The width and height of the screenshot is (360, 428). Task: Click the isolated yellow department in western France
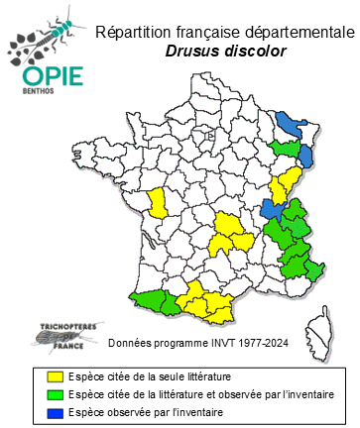(x=157, y=203)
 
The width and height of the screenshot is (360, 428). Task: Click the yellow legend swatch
(x=56, y=376)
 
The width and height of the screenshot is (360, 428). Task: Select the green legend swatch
(x=56, y=394)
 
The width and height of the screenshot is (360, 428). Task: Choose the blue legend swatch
(x=56, y=411)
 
